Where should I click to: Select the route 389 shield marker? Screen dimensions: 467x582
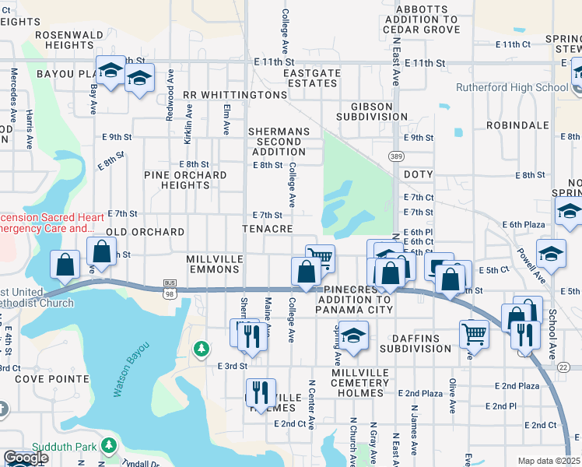click(x=396, y=156)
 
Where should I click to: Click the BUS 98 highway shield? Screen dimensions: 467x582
click(x=170, y=288)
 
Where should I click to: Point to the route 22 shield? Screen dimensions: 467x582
click(x=564, y=367)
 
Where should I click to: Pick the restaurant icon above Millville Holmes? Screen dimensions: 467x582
click(x=261, y=392)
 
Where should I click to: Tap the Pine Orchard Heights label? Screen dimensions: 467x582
click(x=185, y=180)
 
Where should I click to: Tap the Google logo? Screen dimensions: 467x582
click(x=26, y=458)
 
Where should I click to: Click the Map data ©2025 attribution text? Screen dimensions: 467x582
click(x=549, y=461)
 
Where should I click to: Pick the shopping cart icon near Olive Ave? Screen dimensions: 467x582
click(x=474, y=334)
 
